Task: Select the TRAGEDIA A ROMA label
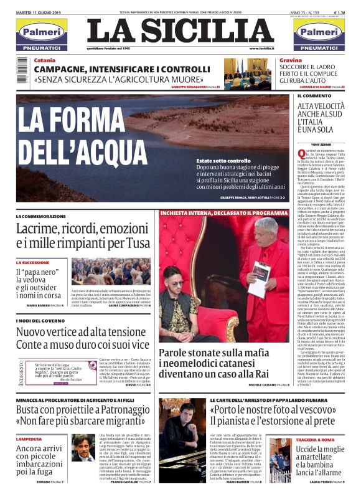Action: point(317,440)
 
